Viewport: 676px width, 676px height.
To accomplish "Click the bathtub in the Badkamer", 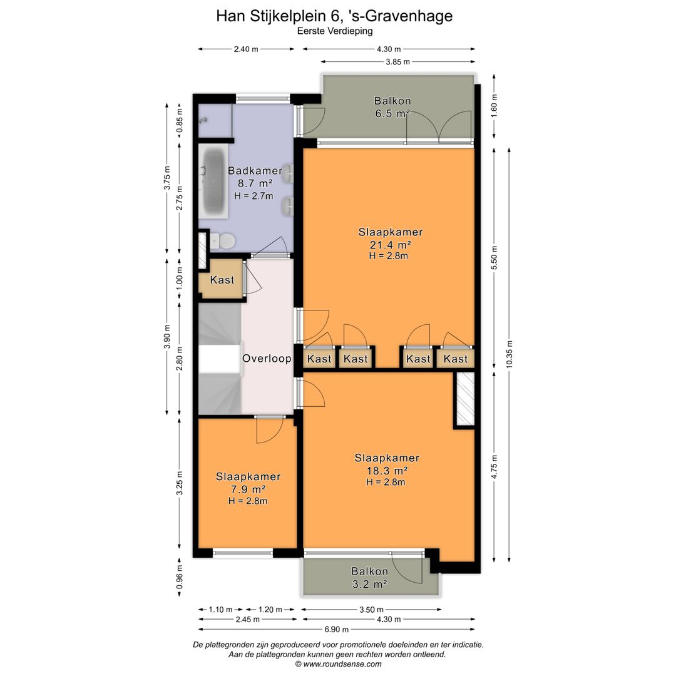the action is click(x=213, y=182).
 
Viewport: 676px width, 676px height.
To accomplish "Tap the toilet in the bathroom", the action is click(x=222, y=240).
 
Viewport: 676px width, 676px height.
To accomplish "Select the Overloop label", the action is click(x=267, y=358).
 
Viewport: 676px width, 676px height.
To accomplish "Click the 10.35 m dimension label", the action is click(x=509, y=354).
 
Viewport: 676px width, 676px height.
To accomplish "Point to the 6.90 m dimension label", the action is click(x=337, y=630).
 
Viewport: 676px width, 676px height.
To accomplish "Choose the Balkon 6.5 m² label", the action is click(x=392, y=108).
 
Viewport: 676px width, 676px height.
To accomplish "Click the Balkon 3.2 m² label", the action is click(x=369, y=578).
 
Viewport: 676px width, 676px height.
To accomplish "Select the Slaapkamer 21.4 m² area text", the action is click(x=390, y=238).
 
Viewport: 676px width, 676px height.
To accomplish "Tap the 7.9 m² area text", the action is click(x=248, y=489).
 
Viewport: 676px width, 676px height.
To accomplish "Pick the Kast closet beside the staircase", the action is click(x=222, y=280).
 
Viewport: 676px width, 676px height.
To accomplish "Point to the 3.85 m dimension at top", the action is click(x=398, y=61).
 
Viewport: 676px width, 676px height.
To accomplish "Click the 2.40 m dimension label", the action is click(x=246, y=49).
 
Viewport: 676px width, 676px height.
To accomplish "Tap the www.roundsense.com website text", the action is click(x=342, y=664).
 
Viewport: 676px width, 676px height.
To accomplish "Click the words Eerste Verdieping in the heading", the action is click(x=334, y=31).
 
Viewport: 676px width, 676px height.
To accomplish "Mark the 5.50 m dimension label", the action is click(x=494, y=258).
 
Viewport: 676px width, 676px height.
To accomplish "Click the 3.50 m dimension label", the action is click(x=372, y=610).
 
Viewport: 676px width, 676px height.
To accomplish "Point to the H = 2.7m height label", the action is click(x=253, y=196).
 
